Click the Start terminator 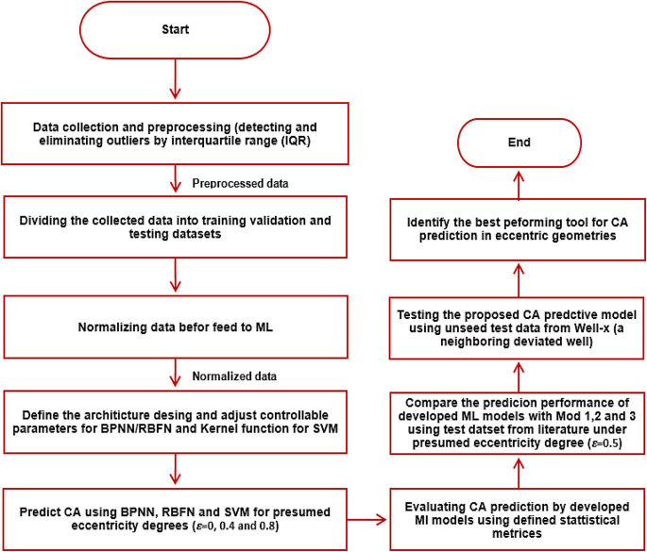[x=175, y=29]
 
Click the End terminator [x=519, y=142]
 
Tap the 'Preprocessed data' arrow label [x=240, y=183]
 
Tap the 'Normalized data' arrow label [x=234, y=376]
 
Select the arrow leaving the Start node [x=176, y=78]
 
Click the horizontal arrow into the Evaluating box [x=366, y=520]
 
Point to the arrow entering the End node [x=519, y=186]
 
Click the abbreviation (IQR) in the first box [x=296, y=141]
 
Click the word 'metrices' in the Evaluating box [x=517, y=533]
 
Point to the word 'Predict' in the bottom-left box [x=40, y=512]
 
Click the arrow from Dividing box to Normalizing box [x=176, y=275]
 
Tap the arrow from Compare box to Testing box [x=519, y=377]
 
